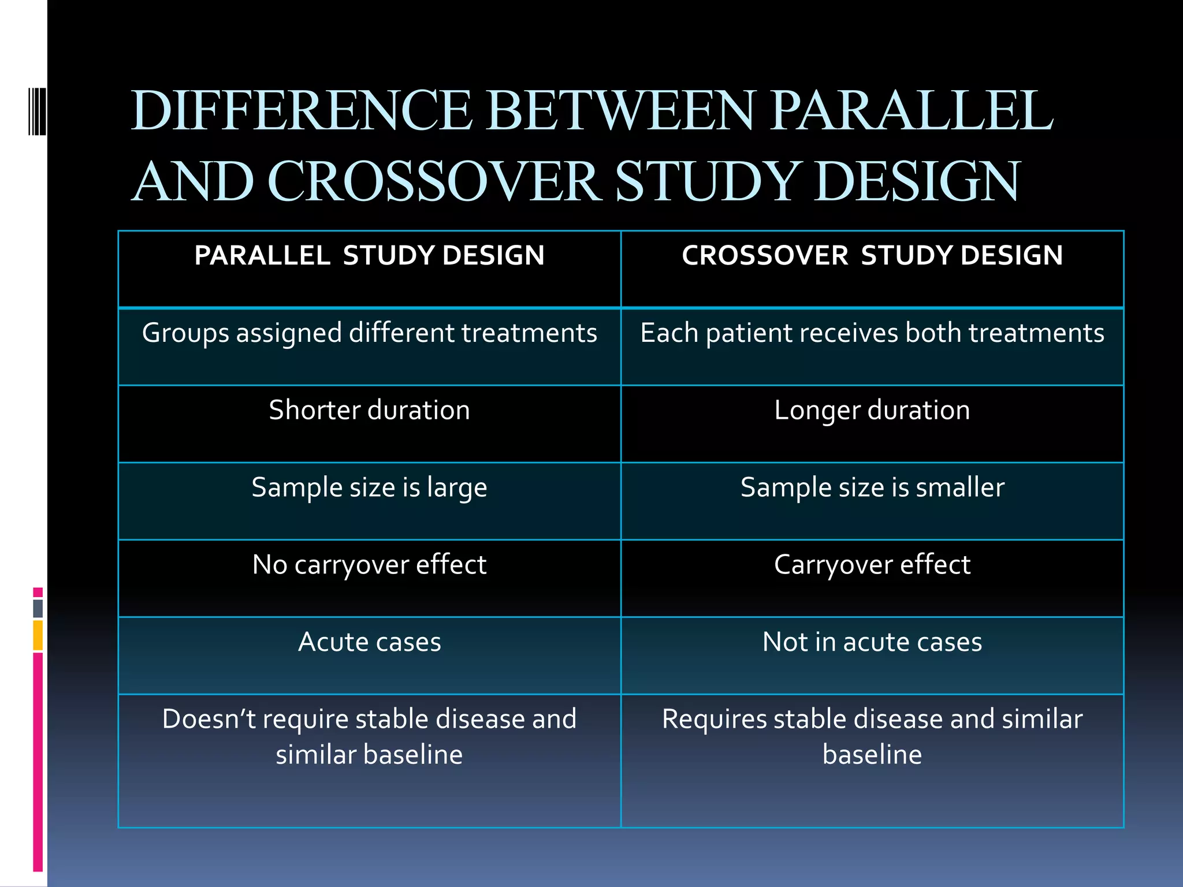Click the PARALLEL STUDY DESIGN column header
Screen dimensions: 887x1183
coord(369,256)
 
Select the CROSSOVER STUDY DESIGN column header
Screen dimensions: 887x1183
coord(872,256)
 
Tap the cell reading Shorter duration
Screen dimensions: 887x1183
coord(369,411)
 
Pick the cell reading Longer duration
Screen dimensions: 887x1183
coord(872,411)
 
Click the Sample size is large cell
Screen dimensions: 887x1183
coord(369,488)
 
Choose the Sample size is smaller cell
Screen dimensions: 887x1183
coord(872,488)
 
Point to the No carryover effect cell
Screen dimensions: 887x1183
coord(369,565)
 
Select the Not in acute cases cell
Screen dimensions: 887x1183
coord(872,642)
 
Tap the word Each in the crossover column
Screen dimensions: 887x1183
coord(669,333)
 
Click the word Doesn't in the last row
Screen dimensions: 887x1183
coord(209,720)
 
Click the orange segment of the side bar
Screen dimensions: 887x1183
coord(38,635)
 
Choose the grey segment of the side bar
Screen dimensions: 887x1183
coord(38,608)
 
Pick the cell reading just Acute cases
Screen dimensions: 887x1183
coord(369,642)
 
